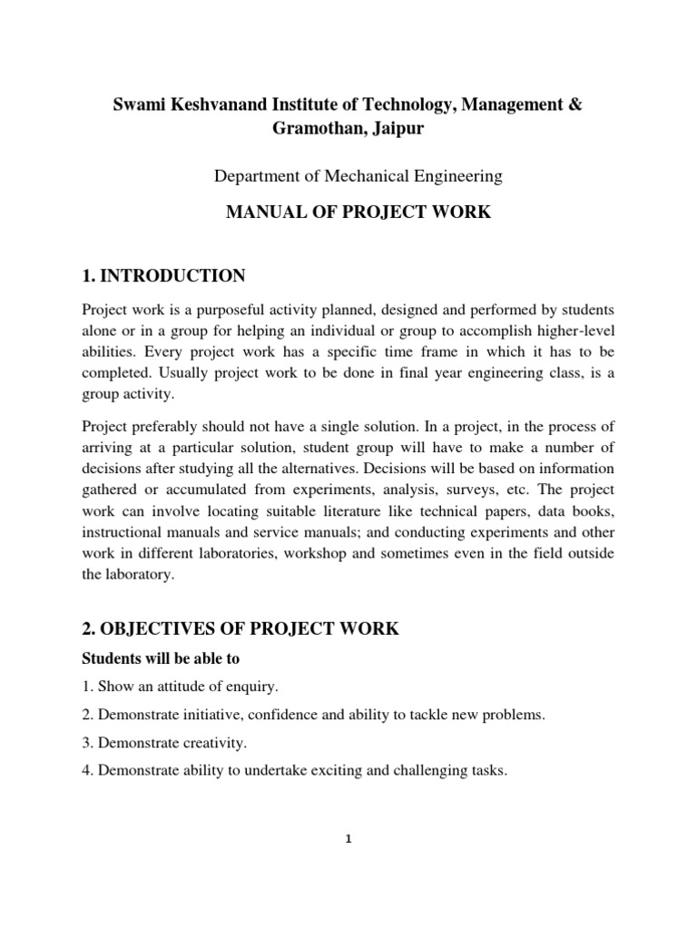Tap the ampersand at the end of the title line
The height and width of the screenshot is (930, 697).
coord(576,105)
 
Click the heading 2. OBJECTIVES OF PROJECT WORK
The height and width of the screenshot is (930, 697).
coord(241,629)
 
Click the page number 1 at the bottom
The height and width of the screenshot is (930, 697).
coord(348,839)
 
